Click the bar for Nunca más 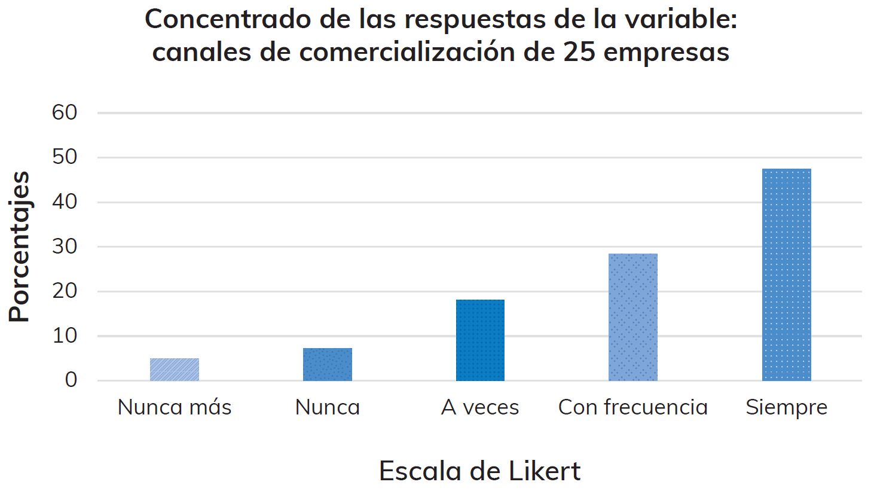[x=174, y=370]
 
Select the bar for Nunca [x=327, y=364]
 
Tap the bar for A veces [x=480, y=340]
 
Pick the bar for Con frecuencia [x=633, y=317]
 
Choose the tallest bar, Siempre [x=786, y=275]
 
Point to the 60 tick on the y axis [x=65, y=112]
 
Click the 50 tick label [x=65, y=157]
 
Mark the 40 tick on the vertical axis [x=65, y=202]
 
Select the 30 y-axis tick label [x=65, y=246]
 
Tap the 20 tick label [x=65, y=291]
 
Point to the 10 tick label [x=65, y=336]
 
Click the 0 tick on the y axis [x=71, y=380]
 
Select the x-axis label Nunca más [x=175, y=407]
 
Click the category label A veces [x=480, y=407]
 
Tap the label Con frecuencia [x=633, y=407]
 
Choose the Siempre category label [x=787, y=408]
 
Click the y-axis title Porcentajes [x=19, y=246]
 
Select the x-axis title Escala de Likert [x=479, y=471]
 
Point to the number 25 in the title [x=579, y=52]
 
